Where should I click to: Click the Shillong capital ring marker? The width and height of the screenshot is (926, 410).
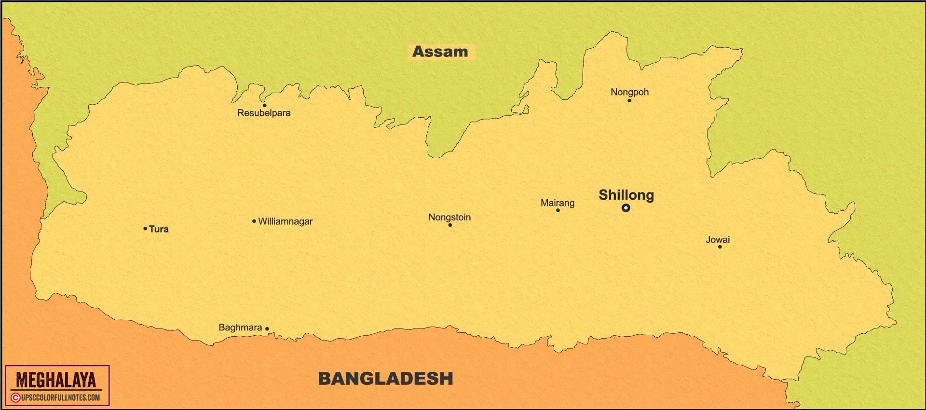tap(626, 208)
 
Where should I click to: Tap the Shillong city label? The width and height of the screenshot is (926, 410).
tap(626, 195)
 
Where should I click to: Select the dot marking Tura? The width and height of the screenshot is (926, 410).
tap(145, 228)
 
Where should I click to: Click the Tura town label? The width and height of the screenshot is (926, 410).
tap(159, 229)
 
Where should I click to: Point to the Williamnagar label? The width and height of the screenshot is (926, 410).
tap(285, 221)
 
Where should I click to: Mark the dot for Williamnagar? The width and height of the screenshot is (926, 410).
tap(254, 221)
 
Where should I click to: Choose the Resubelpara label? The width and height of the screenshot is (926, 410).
tap(264, 113)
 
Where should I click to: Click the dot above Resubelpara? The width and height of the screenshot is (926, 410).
tap(264, 105)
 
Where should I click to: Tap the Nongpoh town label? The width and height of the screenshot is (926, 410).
tap(629, 92)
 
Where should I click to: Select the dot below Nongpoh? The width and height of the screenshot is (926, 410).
tap(629, 100)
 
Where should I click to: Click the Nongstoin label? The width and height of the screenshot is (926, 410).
tap(449, 217)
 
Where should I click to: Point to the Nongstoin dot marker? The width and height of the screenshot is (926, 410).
tap(450, 225)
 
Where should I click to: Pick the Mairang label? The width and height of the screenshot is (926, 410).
tap(558, 203)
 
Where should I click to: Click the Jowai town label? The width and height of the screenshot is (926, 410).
tap(718, 239)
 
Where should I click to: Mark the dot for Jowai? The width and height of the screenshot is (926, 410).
tap(720, 247)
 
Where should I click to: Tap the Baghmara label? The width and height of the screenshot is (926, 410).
tap(240, 328)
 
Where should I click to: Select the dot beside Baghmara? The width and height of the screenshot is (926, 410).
tap(267, 328)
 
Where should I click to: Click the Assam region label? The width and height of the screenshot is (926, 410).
tap(440, 52)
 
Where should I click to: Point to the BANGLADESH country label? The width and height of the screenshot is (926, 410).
tap(385, 378)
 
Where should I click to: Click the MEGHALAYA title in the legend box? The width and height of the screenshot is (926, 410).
tap(56, 380)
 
